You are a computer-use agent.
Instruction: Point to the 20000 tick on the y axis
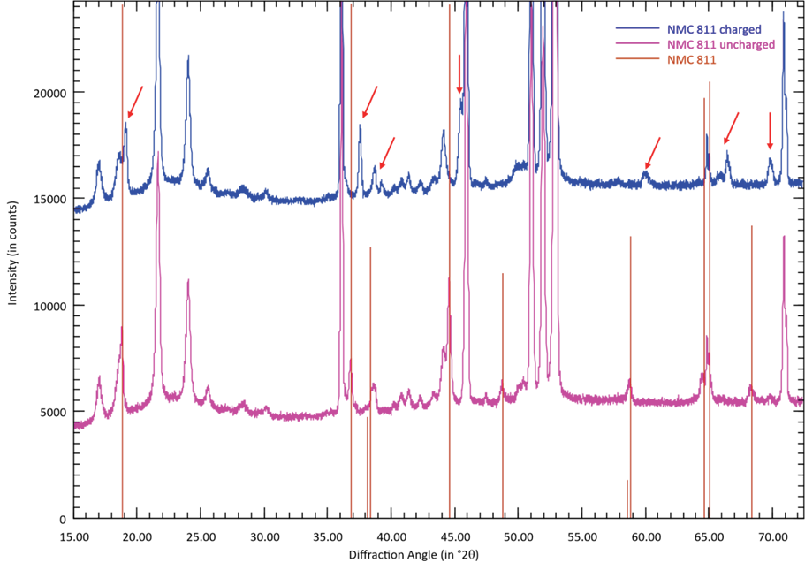tap(49, 93)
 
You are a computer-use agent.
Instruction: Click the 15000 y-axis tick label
tap(49, 199)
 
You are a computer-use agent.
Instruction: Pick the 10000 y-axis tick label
tap(49, 306)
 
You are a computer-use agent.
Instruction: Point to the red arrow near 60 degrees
tap(652, 153)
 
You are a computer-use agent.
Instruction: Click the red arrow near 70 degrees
tap(770, 131)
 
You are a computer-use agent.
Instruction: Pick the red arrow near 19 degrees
tap(134, 102)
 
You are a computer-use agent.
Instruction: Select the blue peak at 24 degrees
tap(188, 58)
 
